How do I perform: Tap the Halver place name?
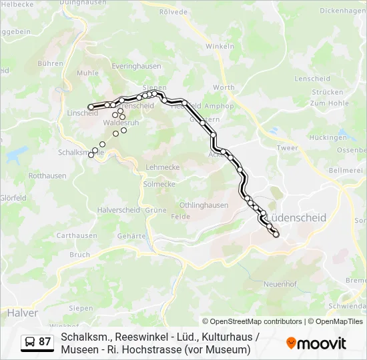click(x=23, y=313)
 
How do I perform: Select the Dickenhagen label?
click(x=343, y=11)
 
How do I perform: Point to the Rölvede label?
click(x=173, y=12)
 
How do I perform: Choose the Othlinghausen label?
click(x=204, y=205)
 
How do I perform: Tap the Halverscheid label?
click(x=119, y=209)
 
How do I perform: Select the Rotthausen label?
click(x=47, y=176)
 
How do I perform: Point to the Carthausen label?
click(x=77, y=235)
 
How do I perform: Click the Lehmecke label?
click(x=162, y=167)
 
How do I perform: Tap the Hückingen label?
click(x=328, y=137)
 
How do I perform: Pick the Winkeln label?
click(x=220, y=47)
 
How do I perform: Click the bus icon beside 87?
click(x=31, y=342)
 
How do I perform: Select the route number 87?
click(x=45, y=342)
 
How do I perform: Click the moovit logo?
click(x=316, y=343)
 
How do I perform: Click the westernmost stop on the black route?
click(x=91, y=107)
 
